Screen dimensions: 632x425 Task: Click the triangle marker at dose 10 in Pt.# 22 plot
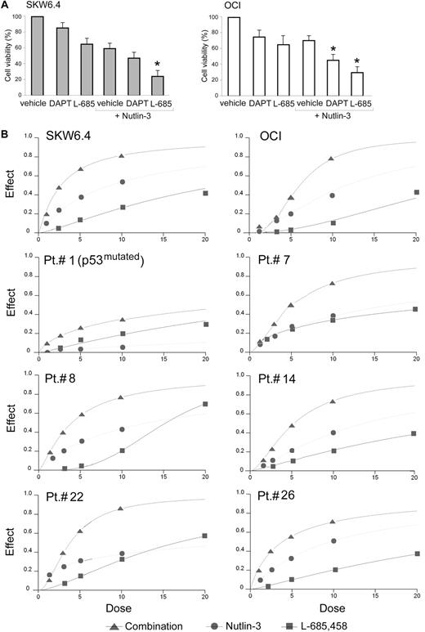tap(121, 509)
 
